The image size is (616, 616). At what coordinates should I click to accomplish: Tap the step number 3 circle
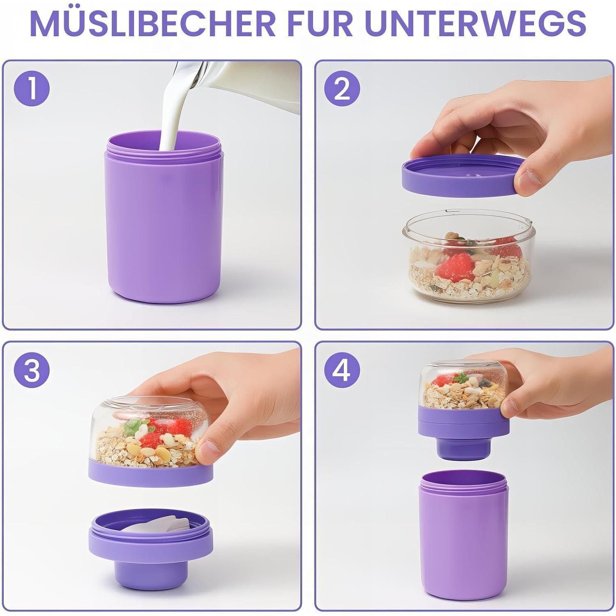coord(32,371)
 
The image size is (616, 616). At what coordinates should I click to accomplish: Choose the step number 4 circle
coord(342,371)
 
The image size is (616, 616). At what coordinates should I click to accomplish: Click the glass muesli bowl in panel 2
coord(466,259)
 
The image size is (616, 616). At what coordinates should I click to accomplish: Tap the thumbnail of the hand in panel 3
coord(207,452)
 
